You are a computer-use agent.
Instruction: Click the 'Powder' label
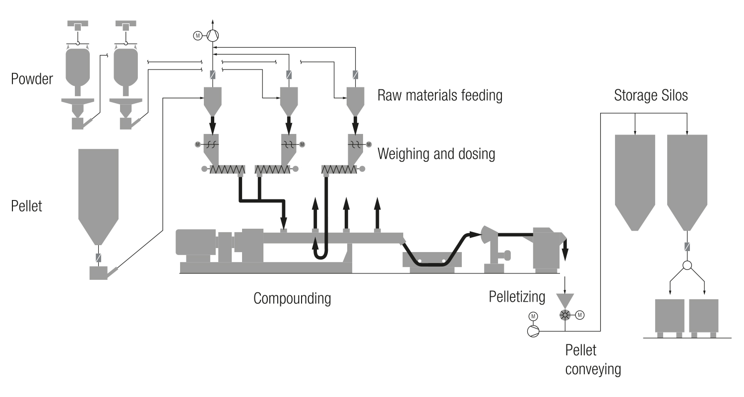pos(32,79)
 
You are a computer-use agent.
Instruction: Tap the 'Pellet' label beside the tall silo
pos(27,205)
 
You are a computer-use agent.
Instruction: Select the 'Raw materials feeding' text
pos(440,95)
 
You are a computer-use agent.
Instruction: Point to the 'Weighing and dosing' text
pos(436,154)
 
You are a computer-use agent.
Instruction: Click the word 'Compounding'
pos(292,299)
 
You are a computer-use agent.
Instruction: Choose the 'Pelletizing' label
pos(517,297)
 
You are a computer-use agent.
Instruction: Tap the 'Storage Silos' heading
pos(651,95)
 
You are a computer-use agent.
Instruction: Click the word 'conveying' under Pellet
pos(593,370)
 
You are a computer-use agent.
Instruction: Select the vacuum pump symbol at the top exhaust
pos(213,35)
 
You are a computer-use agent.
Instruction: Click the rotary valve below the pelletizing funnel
pos(565,314)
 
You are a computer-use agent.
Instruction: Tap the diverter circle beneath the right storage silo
pos(687,266)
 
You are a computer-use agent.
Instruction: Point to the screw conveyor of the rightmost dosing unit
pos(339,169)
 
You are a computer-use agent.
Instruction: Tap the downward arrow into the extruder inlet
pos(284,214)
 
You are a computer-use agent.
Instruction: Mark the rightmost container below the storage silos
pos(703,316)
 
